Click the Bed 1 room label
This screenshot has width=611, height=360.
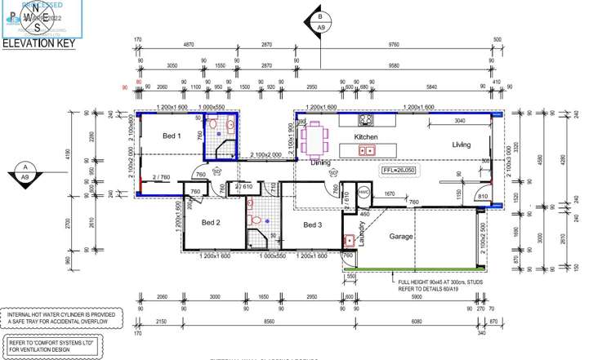click(x=171, y=135)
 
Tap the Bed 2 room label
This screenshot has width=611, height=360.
click(x=212, y=222)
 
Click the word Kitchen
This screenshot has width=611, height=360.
click(x=365, y=137)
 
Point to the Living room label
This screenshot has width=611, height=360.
click(x=462, y=144)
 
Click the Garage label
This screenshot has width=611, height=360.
click(x=400, y=237)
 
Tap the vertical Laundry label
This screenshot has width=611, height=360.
click(x=360, y=232)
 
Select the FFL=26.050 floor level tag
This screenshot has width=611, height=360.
click(x=399, y=171)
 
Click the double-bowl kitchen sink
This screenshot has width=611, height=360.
click(x=367, y=150)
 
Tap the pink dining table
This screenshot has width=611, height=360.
click(x=314, y=138)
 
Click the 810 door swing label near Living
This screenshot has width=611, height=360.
click(x=483, y=196)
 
